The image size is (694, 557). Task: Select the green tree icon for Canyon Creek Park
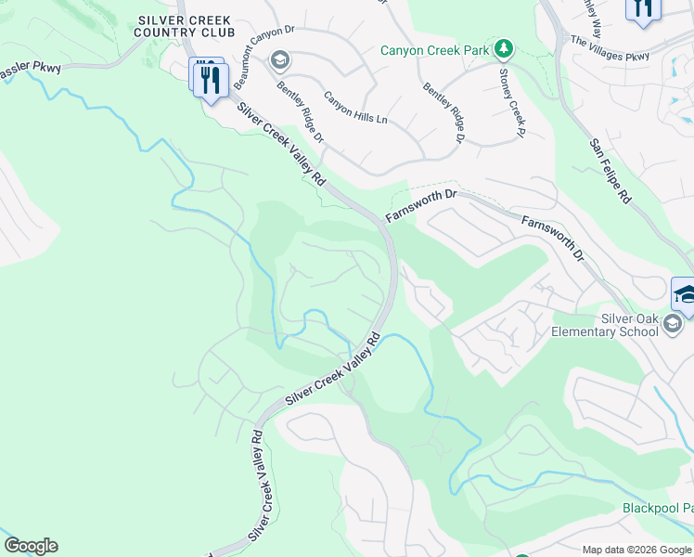(x=504, y=47)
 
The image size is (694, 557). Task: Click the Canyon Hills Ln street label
(x=355, y=110)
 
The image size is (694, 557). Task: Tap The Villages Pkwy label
(x=610, y=48)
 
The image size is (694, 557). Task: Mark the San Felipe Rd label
(x=610, y=172)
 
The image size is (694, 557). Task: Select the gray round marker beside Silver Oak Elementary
(x=673, y=324)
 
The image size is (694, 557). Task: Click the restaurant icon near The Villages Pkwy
(x=643, y=7)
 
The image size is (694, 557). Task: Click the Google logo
(x=31, y=546)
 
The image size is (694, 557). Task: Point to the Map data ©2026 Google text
(x=636, y=550)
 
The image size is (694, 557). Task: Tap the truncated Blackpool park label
(x=657, y=509)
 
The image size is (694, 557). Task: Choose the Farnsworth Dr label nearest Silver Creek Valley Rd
(x=421, y=206)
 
